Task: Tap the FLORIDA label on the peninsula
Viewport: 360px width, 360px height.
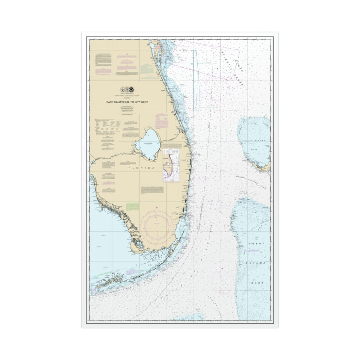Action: (142, 168)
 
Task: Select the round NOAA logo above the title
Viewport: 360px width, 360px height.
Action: (131, 90)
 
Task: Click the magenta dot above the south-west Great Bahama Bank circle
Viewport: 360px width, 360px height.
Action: (223, 269)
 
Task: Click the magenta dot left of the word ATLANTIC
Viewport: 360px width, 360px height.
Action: (218, 68)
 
